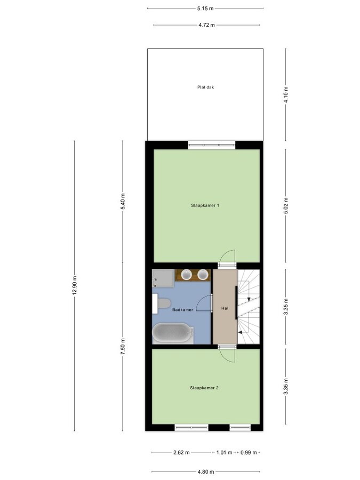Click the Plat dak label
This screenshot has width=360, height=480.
click(205, 87)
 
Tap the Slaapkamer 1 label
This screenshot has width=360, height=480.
click(205, 205)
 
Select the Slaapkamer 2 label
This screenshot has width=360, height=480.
click(204, 388)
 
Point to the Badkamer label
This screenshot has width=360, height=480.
click(182, 310)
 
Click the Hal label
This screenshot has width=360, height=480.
click(225, 308)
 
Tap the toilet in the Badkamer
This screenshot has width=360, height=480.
click(161, 303)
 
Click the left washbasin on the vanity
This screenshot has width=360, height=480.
click(187, 275)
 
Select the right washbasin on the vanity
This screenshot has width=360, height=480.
click(203, 275)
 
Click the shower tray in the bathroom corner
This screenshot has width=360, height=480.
click(163, 278)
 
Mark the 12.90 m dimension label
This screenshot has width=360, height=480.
click(74, 285)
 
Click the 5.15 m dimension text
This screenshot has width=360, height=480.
click(205, 9)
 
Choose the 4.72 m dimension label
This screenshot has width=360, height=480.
click(206, 25)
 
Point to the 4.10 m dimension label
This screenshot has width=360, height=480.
click(286, 95)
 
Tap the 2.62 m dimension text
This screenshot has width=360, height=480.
click(181, 452)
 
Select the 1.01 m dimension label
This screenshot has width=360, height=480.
click(224, 452)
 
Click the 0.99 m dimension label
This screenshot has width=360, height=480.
click(249, 452)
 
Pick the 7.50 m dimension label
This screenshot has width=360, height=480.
click(123, 347)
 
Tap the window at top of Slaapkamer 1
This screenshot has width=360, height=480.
click(212, 145)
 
